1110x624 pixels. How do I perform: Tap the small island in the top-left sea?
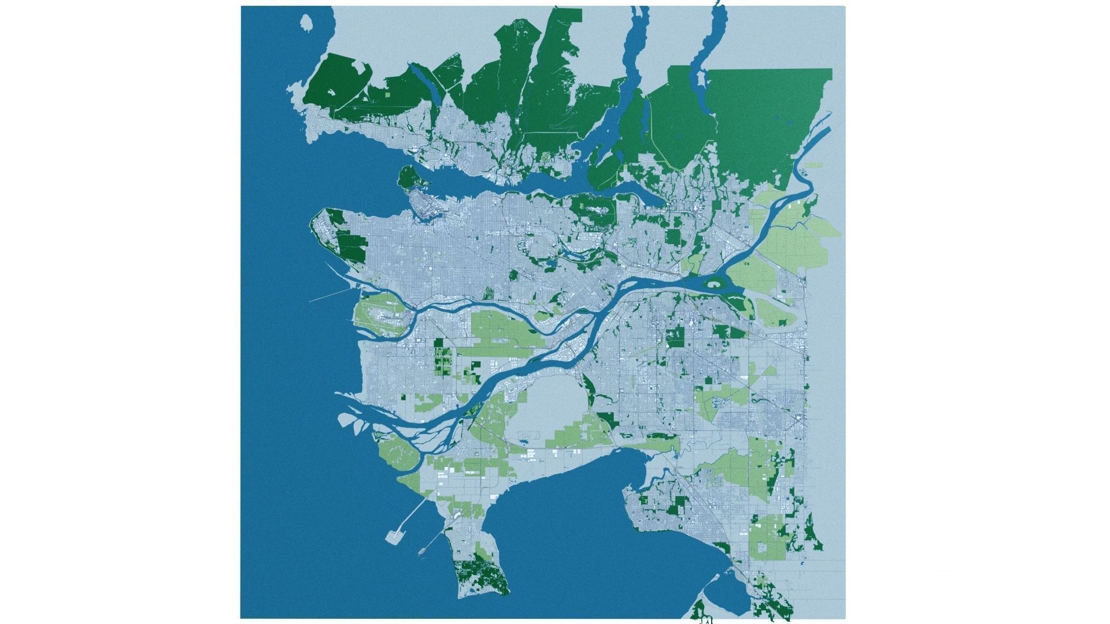[306, 23]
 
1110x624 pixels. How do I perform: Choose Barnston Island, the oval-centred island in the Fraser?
[715, 284]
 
